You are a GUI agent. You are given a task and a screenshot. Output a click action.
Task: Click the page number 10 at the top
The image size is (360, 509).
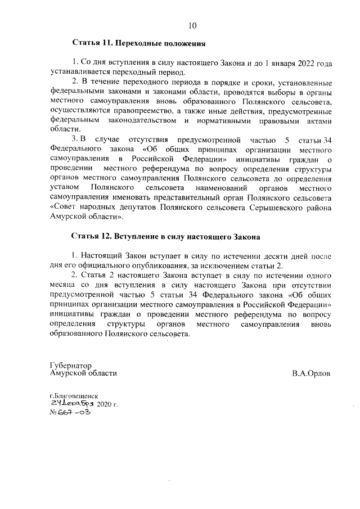pos(192,25)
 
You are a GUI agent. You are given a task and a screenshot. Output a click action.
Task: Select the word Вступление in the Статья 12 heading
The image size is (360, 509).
pos(141,237)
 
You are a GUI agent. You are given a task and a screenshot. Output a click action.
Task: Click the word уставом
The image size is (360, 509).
pos(64,188)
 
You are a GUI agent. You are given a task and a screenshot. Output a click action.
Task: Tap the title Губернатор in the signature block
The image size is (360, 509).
pos(70,364)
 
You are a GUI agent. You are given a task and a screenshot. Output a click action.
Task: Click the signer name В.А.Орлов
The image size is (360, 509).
pos(311,373)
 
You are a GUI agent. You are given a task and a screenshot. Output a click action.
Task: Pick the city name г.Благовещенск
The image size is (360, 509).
pos(74,395)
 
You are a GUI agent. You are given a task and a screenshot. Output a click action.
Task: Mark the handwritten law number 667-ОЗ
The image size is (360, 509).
pos(73,412)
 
